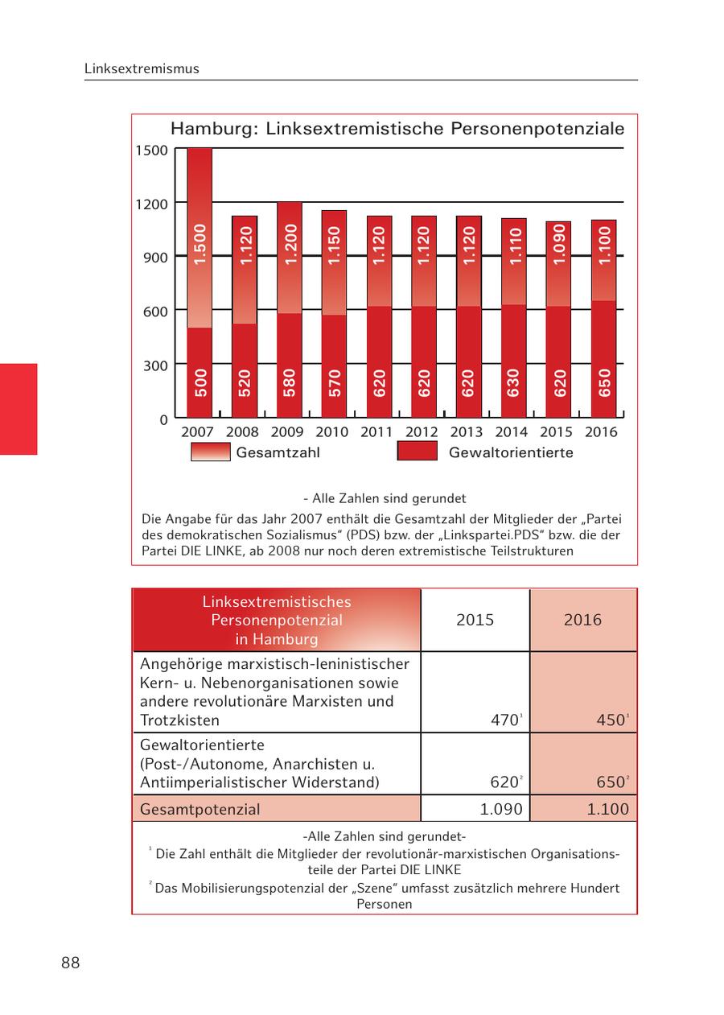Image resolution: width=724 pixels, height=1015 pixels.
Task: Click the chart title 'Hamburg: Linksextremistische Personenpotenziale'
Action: (397, 129)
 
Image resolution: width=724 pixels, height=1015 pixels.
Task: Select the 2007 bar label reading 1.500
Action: (200, 244)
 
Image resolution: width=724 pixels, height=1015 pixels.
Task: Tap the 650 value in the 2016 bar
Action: (605, 382)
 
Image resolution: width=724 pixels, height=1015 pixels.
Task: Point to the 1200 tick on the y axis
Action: (151, 204)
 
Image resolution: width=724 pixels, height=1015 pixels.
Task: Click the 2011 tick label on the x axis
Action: (376, 432)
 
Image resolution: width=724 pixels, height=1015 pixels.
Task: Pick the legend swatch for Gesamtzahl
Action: (210, 452)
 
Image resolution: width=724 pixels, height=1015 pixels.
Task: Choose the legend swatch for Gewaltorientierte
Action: (417, 452)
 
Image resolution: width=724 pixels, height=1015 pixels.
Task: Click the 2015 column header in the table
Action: (475, 620)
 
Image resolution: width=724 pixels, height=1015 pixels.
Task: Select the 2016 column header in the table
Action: (582, 620)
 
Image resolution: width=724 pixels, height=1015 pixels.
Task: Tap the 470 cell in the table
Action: (505, 720)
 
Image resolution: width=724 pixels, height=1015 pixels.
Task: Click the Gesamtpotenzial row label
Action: (200, 809)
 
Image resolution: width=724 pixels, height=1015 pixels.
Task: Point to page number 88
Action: (71, 963)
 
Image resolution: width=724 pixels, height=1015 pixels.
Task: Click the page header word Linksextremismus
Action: (142, 69)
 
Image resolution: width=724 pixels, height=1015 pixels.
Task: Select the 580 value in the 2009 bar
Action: (290, 382)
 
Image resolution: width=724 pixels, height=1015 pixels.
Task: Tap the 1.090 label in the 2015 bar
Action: (560, 244)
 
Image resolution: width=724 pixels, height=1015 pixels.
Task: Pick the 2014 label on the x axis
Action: (512, 432)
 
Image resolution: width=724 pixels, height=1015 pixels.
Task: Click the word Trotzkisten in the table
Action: (179, 720)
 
